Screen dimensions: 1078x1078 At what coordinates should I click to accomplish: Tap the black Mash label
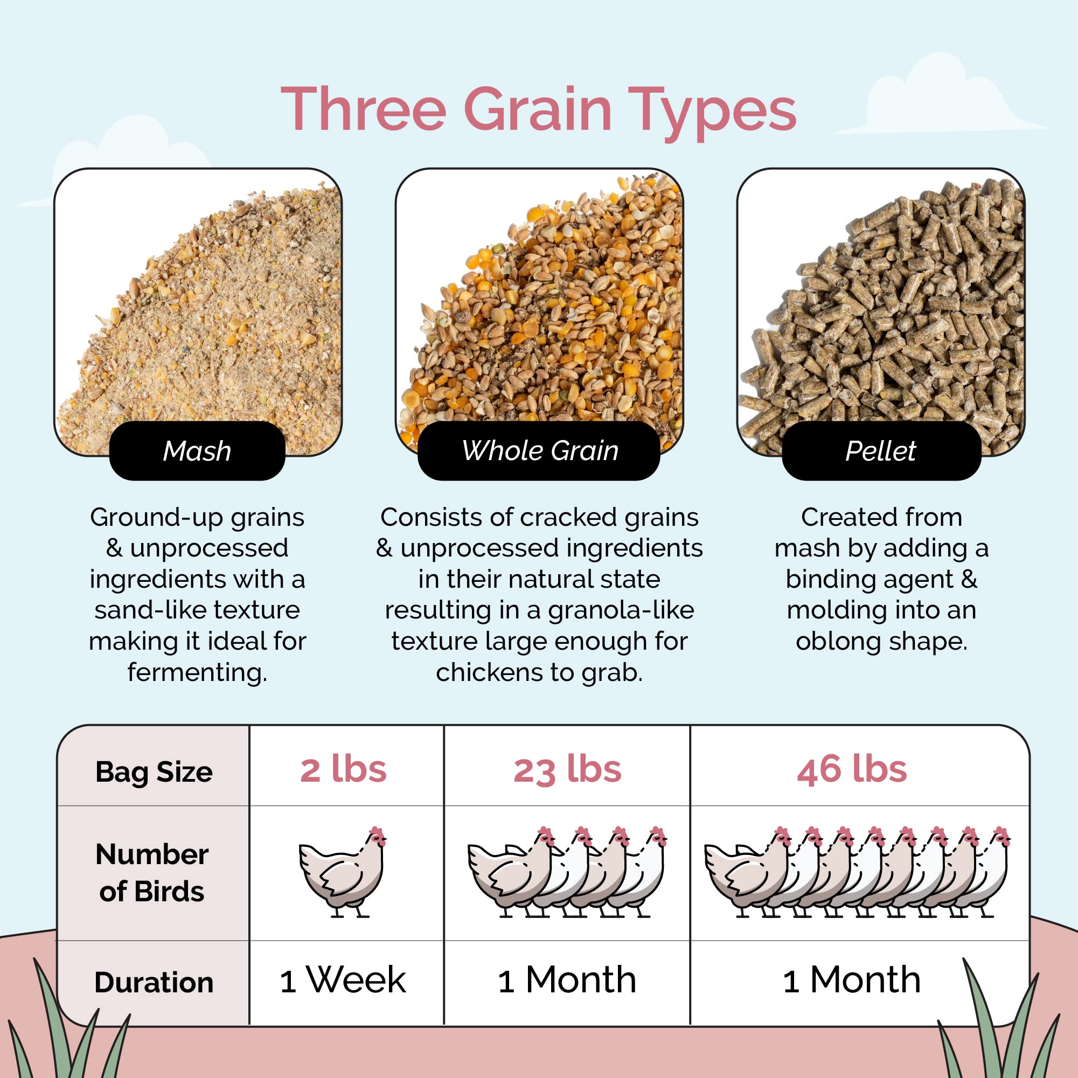[197, 450]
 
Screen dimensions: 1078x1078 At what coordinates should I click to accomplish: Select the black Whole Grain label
[539, 450]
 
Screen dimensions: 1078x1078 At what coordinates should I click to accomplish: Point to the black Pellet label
[880, 450]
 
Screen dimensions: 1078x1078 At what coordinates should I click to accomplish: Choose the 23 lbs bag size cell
[567, 770]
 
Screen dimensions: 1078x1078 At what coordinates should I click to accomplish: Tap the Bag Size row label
[154, 772]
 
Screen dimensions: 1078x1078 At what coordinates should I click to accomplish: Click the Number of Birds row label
[152, 873]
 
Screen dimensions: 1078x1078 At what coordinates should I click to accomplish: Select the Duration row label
[154, 983]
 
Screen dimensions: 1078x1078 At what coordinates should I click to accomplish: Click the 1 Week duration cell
[343, 980]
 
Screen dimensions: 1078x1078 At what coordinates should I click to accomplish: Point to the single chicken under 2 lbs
[343, 872]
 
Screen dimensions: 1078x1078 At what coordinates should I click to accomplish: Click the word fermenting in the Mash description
[197, 672]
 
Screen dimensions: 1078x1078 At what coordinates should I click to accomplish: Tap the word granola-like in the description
[621, 610]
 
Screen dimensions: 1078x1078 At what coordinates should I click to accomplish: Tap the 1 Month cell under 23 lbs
[567, 980]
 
